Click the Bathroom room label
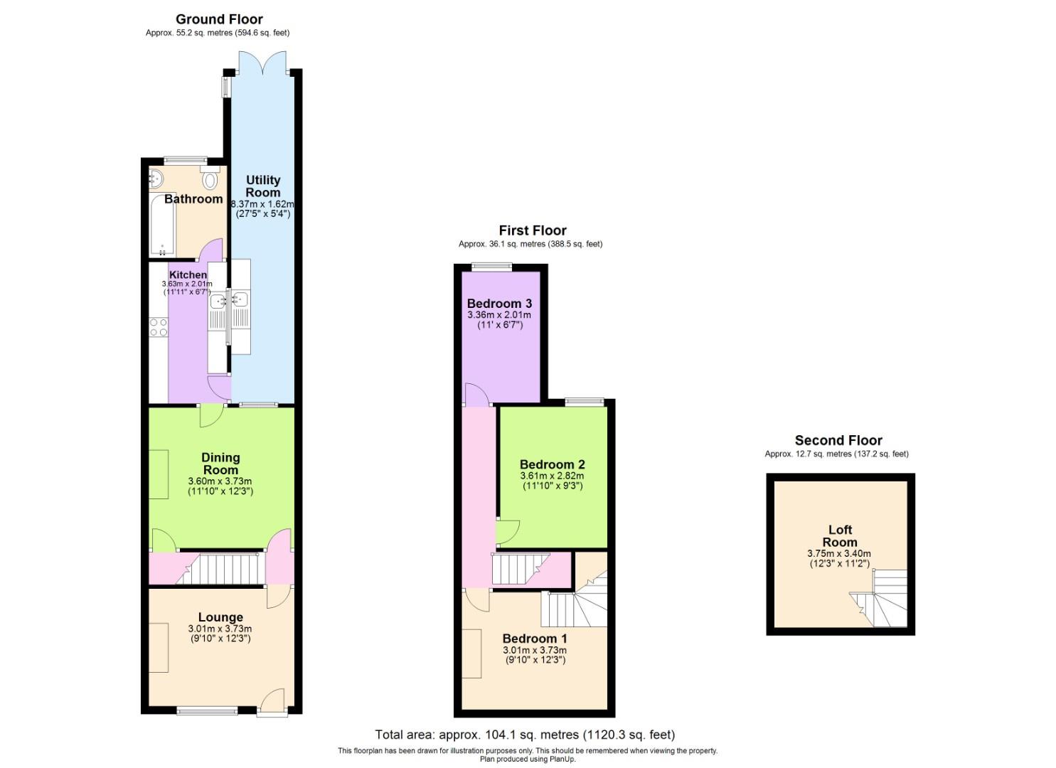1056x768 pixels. click(x=193, y=199)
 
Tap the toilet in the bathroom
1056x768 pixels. click(x=209, y=180)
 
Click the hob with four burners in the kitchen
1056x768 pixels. click(x=158, y=327)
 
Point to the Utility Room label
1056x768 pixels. click(x=263, y=186)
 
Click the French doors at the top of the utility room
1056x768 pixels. click(x=263, y=64)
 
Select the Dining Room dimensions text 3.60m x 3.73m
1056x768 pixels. click(x=220, y=481)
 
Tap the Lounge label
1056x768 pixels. click(x=220, y=617)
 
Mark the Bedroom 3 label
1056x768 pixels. click(x=499, y=304)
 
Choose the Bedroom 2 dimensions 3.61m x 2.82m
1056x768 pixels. click(x=552, y=476)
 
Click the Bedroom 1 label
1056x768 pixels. click(x=535, y=639)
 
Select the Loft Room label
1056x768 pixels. click(x=840, y=535)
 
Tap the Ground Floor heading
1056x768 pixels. click(x=219, y=19)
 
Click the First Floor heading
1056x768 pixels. click(x=533, y=230)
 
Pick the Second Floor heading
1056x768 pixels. click(x=838, y=440)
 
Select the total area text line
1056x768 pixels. click(x=525, y=735)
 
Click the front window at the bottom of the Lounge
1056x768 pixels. click(x=207, y=710)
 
